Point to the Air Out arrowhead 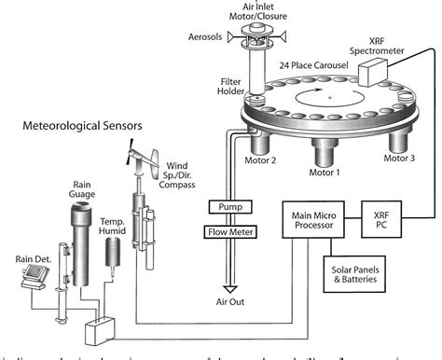229,290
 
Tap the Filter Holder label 229,86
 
